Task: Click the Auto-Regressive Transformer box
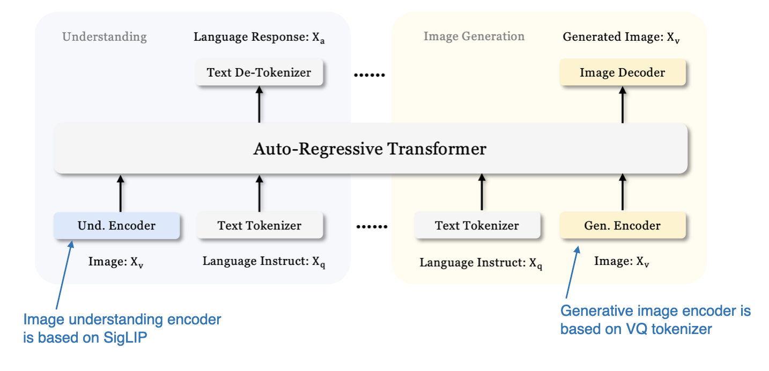coord(370,149)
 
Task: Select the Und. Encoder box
coord(116,226)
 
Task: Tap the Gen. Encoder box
coord(622,226)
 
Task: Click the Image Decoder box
coord(622,72)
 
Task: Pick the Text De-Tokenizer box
coord(259,72)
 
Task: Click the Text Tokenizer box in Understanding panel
coord(259,226)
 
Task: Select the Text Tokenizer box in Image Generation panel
coord(477,226)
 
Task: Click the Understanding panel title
coord(104,37)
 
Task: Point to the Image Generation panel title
coord(474,36)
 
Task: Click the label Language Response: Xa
coord(259,38)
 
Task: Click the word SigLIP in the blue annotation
coord(123,338)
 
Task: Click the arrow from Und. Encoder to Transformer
coord(120,193)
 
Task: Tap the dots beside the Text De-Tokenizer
coord(369,75)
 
